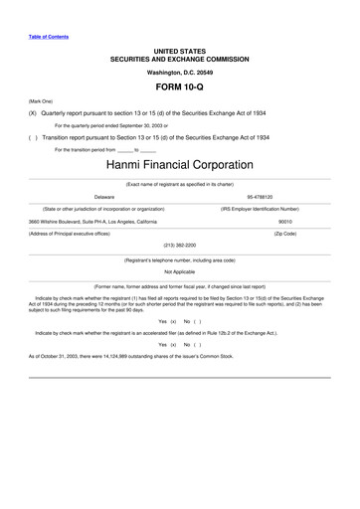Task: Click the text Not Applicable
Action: pyautogui.click(x=179, y=270)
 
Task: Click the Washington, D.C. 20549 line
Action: pyautogui.click(x=179, y=72)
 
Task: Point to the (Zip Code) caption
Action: pyautogui.click(x=285, y=234)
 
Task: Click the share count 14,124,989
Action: pyautogui.click(x=131, y=355)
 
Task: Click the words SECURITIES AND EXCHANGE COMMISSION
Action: pyautogui.click(x=179, y=59)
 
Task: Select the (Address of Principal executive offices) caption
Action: pyautogui.click(x=79, y=234)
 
